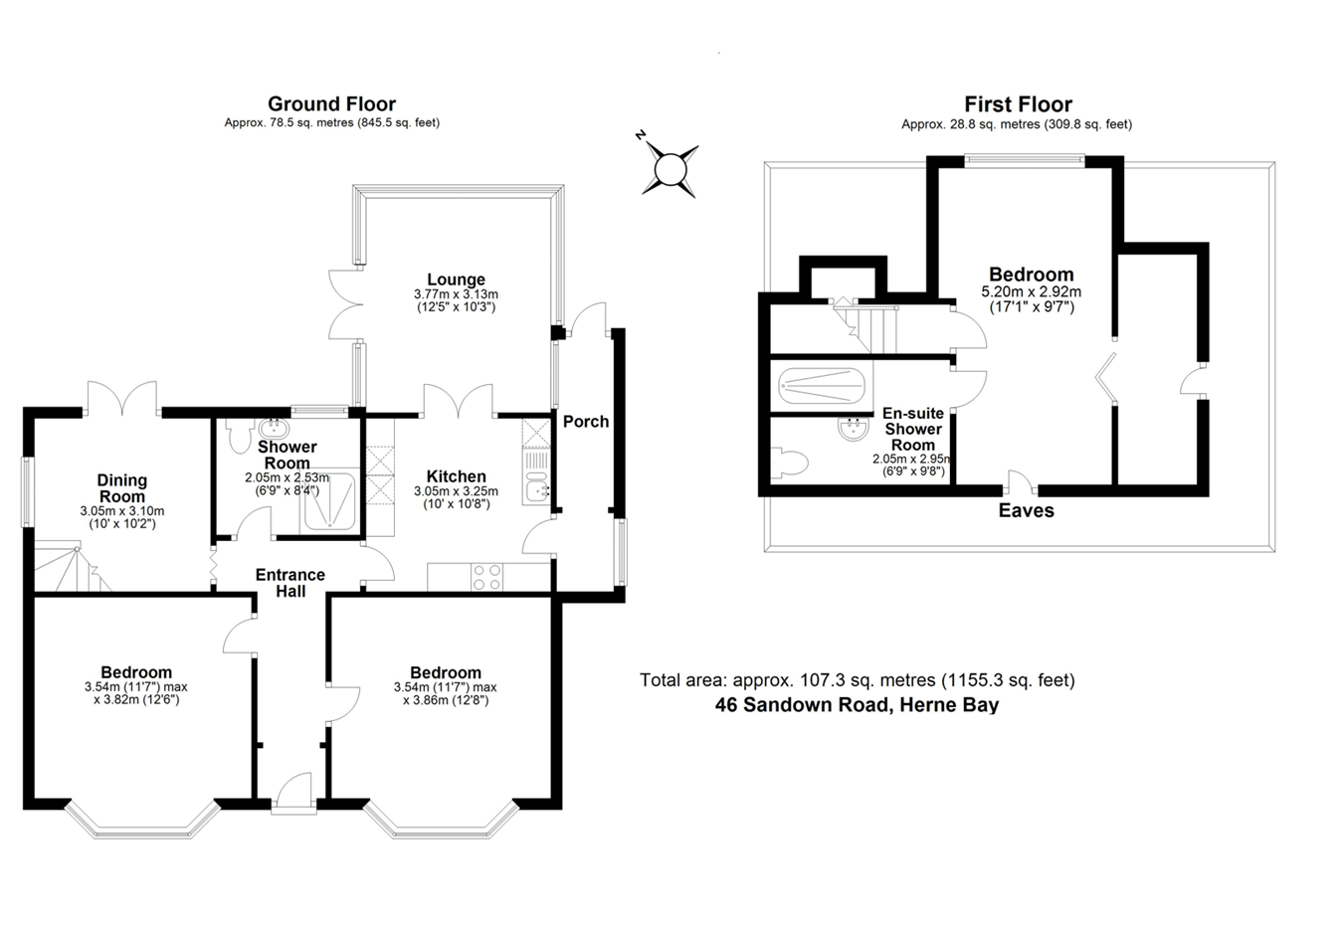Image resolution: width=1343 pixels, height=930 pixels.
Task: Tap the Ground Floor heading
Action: (331, 104)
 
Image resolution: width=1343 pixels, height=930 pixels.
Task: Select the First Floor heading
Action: (1018, 104)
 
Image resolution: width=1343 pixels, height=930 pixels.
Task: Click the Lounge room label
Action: (456, 280)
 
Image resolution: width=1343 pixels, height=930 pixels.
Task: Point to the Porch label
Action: (586, 422)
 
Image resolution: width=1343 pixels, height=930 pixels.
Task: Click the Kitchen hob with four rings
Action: (486, 577)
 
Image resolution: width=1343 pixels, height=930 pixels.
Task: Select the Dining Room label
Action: (122, 488)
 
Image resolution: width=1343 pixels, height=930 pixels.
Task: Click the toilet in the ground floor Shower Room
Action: (239, 436)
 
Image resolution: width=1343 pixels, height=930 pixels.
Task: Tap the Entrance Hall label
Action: (290, 583)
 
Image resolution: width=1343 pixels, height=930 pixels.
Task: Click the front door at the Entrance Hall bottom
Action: (292, 795)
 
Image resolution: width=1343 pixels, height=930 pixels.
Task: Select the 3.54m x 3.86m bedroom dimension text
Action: (445, 693)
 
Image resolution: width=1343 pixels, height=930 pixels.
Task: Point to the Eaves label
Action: (1026, 511)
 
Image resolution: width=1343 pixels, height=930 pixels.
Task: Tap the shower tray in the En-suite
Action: (822, 384)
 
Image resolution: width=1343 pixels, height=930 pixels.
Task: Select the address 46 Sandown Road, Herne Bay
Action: (857, 705)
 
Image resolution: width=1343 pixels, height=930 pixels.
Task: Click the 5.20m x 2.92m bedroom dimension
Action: (1031, 299)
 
